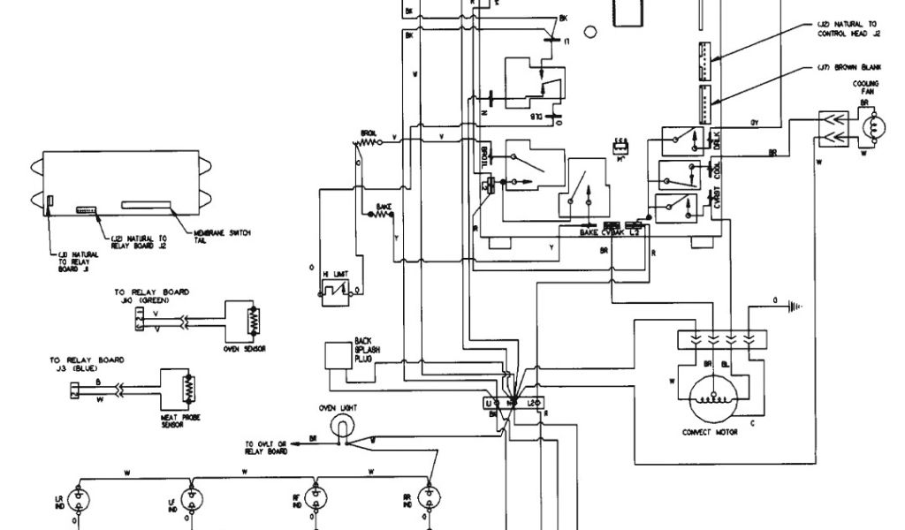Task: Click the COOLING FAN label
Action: (x=866, y=89)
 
